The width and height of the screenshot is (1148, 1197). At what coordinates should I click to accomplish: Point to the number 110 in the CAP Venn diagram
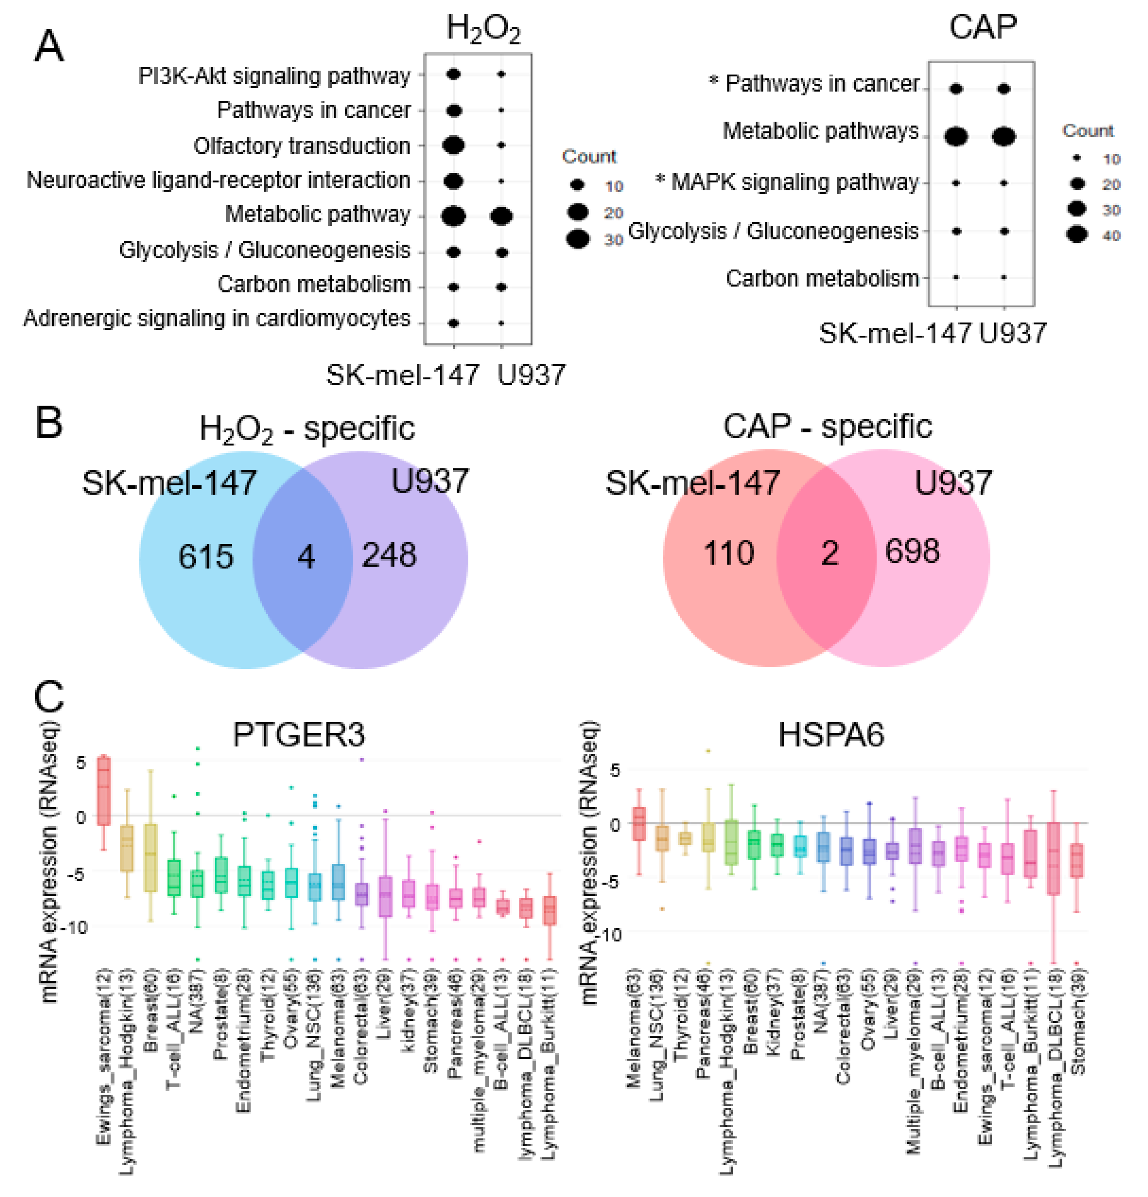click(x=728, y=553)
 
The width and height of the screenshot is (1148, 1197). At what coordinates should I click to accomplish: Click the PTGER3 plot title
click(x=299, y=734)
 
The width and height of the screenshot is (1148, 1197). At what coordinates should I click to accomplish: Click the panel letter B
click(x=49, y=423)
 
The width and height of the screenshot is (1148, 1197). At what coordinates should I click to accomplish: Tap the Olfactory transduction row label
click(x=302, y=146)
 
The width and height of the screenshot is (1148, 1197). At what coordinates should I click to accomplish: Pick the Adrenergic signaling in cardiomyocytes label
click(x=216, y=318)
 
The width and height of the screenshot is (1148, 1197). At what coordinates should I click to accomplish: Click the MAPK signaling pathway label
click(x=794, y=182)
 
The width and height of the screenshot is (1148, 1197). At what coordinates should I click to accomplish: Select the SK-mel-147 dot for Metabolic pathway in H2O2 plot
click(x=453, y=216)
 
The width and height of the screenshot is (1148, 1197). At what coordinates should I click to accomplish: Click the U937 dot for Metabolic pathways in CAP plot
click(x=1004, y=136)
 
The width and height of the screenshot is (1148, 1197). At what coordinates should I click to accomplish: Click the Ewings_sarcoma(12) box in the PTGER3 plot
click(x=104, y=791)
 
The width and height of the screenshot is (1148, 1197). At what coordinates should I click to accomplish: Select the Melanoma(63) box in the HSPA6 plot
click(x=638, y=824)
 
